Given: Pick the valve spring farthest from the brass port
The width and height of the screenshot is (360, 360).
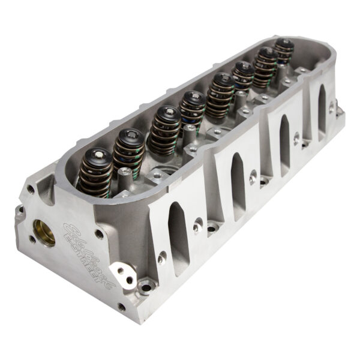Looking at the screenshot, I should [x=284, y=52].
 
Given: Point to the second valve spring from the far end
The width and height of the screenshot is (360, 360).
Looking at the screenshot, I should [x=264, y=64].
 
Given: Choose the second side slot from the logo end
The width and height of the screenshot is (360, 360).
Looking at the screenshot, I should [x=238, y=178].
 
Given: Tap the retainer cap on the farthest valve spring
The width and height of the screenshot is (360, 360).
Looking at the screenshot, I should [x=284, y=43].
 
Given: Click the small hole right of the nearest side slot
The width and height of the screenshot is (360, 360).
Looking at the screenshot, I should [x=197, y=227].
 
